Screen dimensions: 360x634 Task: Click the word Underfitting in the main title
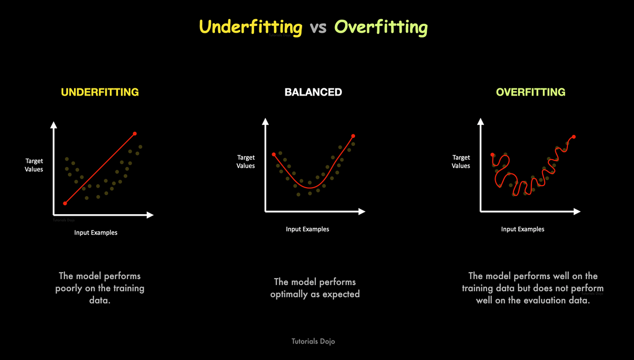(x=250, y=27)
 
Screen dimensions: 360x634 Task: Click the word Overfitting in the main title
(x=381, y=27)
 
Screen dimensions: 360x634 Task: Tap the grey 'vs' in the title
(x=318, y=27)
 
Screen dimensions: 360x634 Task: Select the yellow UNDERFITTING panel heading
(x=100, y=92)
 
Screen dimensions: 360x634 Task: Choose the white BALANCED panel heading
(x=313, y=92)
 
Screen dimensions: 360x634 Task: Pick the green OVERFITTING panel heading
(x=530, y=92)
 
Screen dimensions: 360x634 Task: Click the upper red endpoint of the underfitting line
(x=135, y=133)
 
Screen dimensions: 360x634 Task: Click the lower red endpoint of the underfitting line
(x=65, y=203)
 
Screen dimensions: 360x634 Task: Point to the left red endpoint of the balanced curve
(x=273, y=154)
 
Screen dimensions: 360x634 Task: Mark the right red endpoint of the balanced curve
(x=353, y=136)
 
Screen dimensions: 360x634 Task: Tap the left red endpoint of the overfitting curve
(x=492, y=155)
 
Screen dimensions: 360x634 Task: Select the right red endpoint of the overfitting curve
(x=574, y=137)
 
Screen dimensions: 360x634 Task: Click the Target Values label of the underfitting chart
(x=34, y=165)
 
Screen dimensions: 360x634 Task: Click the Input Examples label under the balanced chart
(x=307, y=229)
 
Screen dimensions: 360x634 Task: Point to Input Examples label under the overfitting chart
(x=523, y=229)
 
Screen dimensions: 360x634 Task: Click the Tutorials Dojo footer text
(x=313, y=341)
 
